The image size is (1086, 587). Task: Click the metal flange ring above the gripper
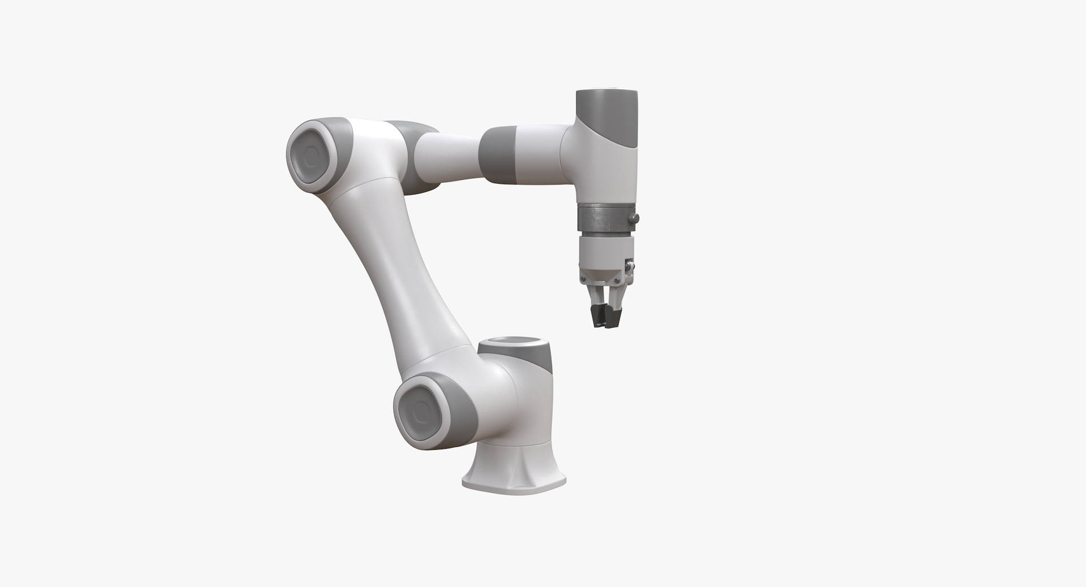coord(604,219)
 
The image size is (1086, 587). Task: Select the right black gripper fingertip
coord(612,317)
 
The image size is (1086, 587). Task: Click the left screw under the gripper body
coord(583,279)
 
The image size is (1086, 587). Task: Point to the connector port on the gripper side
coord(628,266)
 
